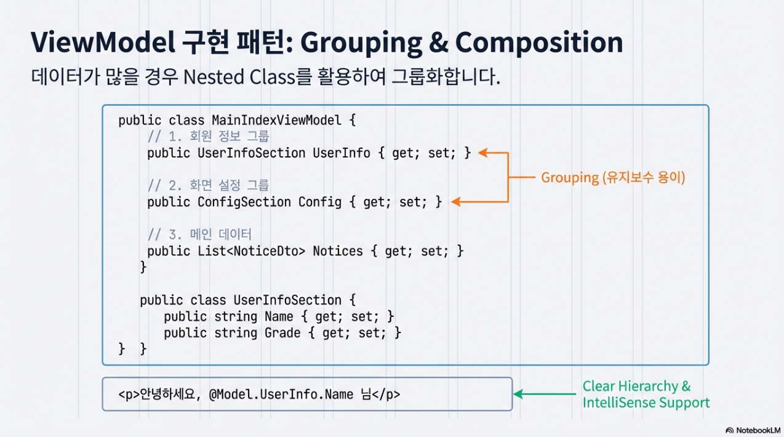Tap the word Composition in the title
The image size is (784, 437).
(538, 42)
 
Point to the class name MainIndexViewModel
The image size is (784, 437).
(276, 120)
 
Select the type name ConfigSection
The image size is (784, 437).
(244, 202)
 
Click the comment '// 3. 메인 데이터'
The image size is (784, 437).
(200, 235)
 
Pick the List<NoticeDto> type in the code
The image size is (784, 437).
(251, 251)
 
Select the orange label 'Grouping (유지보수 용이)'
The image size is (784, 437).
(613, 178)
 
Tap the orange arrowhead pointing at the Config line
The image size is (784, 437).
(455, 202)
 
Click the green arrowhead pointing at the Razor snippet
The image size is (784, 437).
(518, 394)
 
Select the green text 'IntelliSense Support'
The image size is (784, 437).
(646, 403)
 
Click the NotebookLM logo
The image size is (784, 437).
(753, 430)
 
